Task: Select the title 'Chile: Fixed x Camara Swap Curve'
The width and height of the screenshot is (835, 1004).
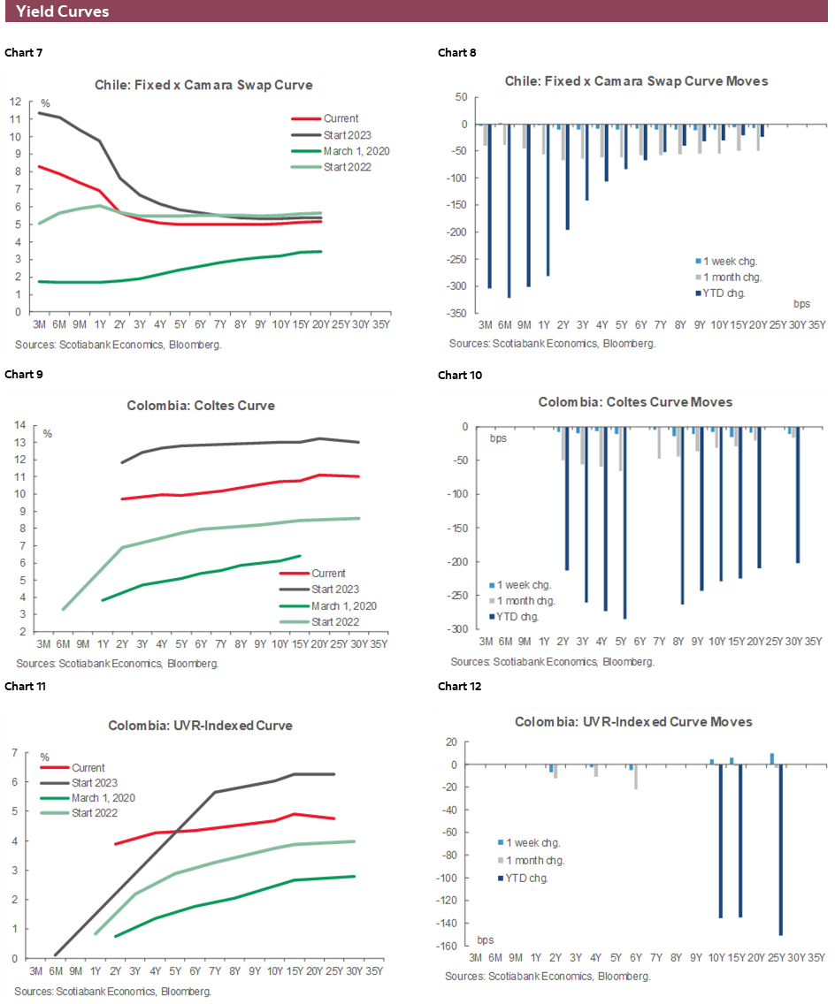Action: tap(203, 85)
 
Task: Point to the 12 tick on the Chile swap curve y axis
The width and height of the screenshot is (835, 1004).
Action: tap(14, 101)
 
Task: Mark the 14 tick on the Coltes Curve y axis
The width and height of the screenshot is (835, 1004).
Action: tap(17, 425)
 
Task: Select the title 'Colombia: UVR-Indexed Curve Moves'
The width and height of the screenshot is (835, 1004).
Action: tap(633, 722)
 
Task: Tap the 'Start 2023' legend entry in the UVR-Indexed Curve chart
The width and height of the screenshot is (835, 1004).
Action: tap(95, 783)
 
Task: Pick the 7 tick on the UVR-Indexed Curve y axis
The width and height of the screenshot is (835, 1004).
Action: tap(14, 752)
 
